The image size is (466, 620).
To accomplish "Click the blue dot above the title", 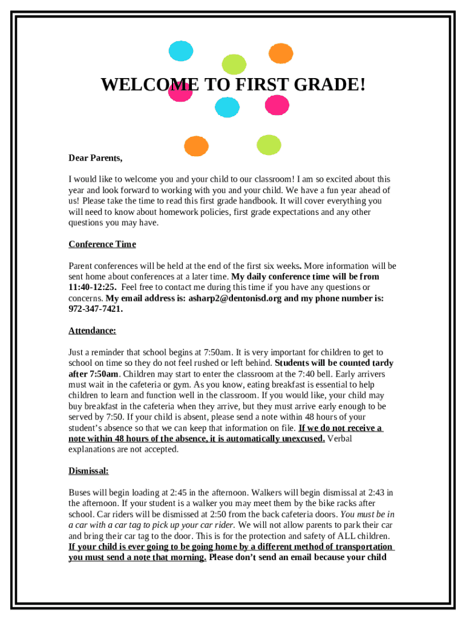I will (x=180, y=51).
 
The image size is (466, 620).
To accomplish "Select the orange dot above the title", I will (x=280, y=53).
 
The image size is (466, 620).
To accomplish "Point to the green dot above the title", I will (x=234, y=64).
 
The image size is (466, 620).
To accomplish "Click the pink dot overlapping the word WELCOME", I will (x=180, y=92).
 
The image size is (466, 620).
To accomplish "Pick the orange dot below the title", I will (x=195, y=146).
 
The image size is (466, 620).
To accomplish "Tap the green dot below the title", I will (x=269, y=145).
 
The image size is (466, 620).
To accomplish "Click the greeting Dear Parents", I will (x=95, y=158).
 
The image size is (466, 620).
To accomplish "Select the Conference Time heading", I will (x=102, y=244).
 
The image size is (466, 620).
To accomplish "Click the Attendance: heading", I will (x=92, y=331).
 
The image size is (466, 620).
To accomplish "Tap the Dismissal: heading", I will (x=88, y=470).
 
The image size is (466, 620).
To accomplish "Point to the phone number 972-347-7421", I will (x=95, y=309).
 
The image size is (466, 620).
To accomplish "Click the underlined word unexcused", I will (x=299, y=439).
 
